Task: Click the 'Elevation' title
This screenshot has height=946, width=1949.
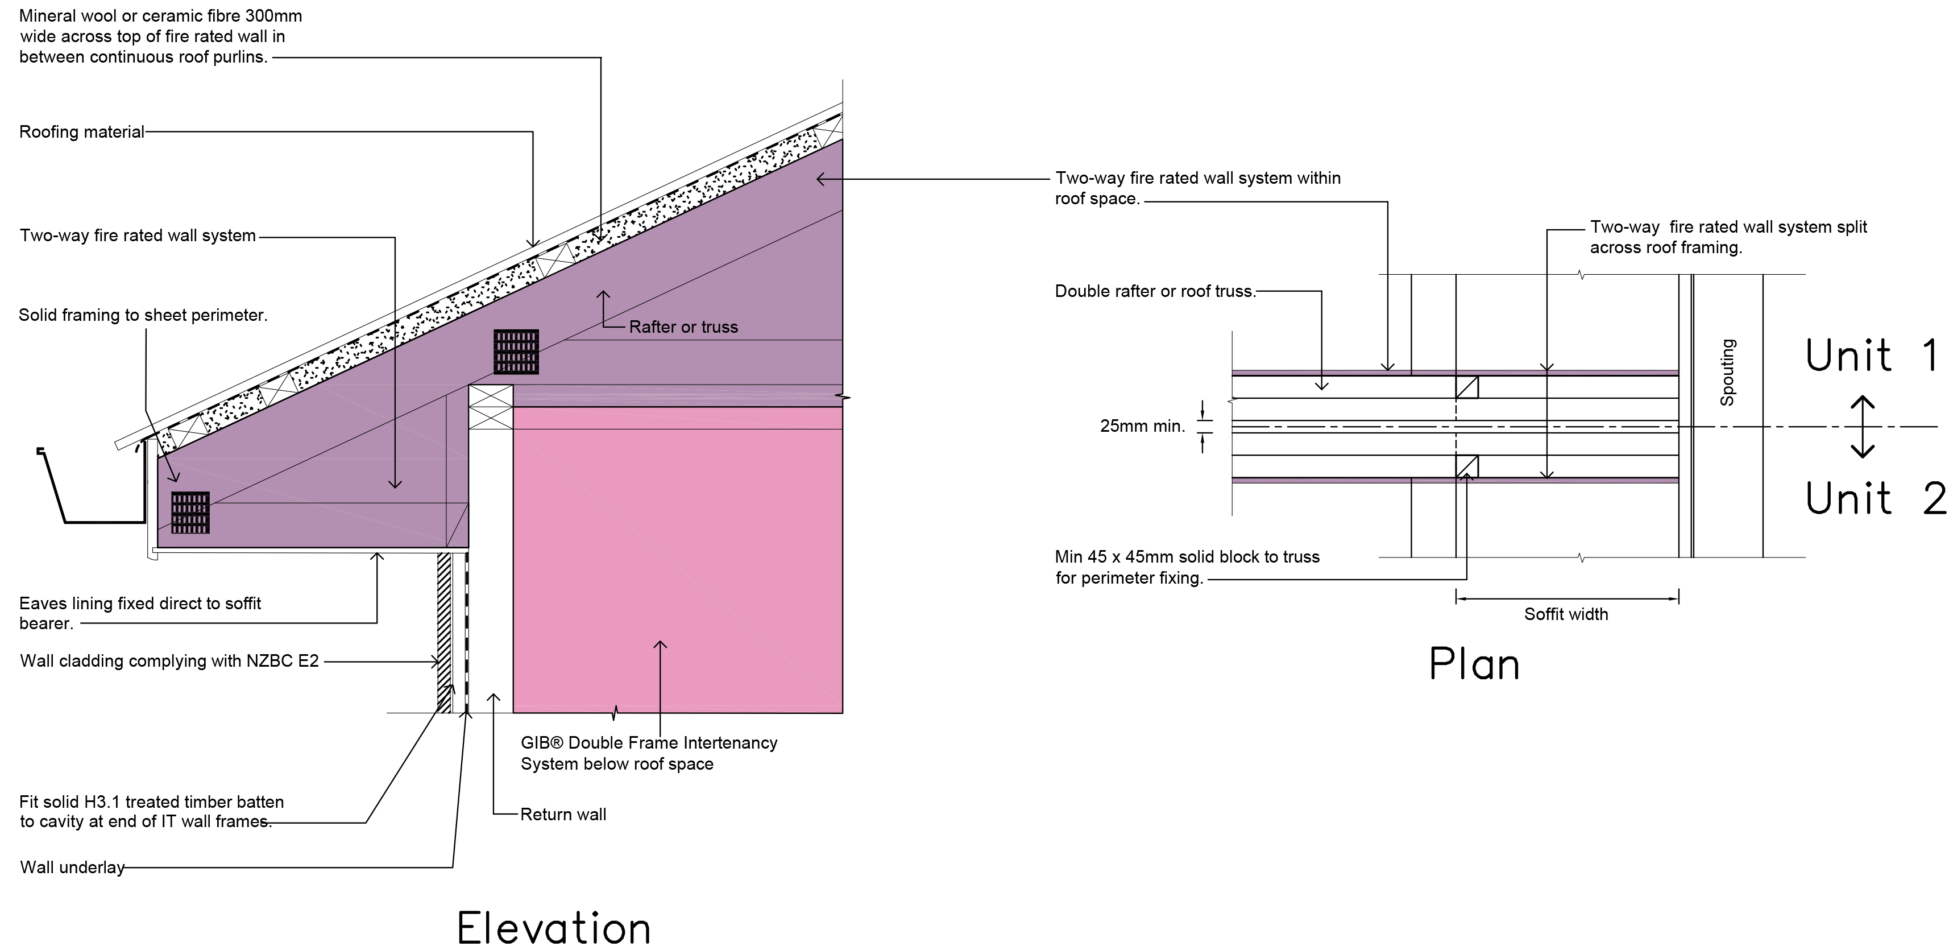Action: tap(554, 927)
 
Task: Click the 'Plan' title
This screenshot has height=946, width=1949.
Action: tap(1474, 665)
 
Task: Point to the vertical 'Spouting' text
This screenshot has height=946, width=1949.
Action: tap(1727, 373)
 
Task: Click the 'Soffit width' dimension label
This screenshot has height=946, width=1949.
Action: tap(1565, 614)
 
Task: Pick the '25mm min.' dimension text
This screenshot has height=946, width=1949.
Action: tap(1142, 426)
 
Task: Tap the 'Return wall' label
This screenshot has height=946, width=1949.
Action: tap(563, 815)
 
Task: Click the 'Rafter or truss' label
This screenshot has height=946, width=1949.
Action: tap(683, 327)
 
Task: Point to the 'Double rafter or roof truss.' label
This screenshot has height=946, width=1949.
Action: tap(1155, 291)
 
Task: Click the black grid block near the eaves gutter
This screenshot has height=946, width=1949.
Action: tap(190, 513)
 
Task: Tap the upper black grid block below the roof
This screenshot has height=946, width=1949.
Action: tap(516, 352)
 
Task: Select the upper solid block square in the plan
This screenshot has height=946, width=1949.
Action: tap(1467, 387)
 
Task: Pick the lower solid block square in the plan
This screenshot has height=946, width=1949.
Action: tap(1467, 466)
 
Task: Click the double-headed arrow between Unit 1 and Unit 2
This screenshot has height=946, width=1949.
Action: tap(1862, 427)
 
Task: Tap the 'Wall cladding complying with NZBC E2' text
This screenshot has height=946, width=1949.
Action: tap(169, 660)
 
